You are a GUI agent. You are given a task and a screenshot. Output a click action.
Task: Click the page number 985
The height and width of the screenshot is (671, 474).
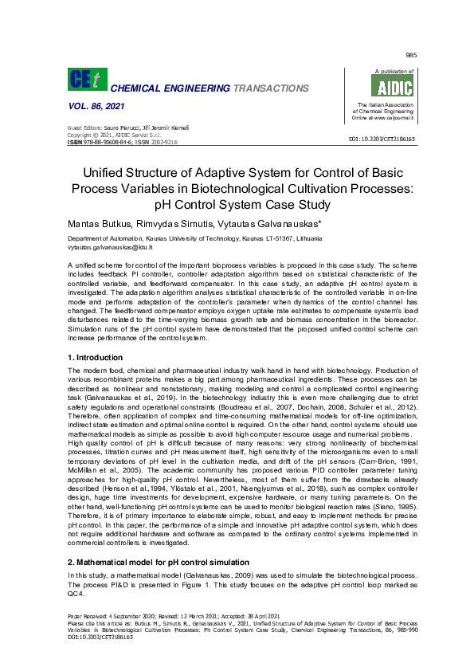[411, 54]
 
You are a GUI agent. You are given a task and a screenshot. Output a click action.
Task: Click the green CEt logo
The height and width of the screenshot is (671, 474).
[84, 80]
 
